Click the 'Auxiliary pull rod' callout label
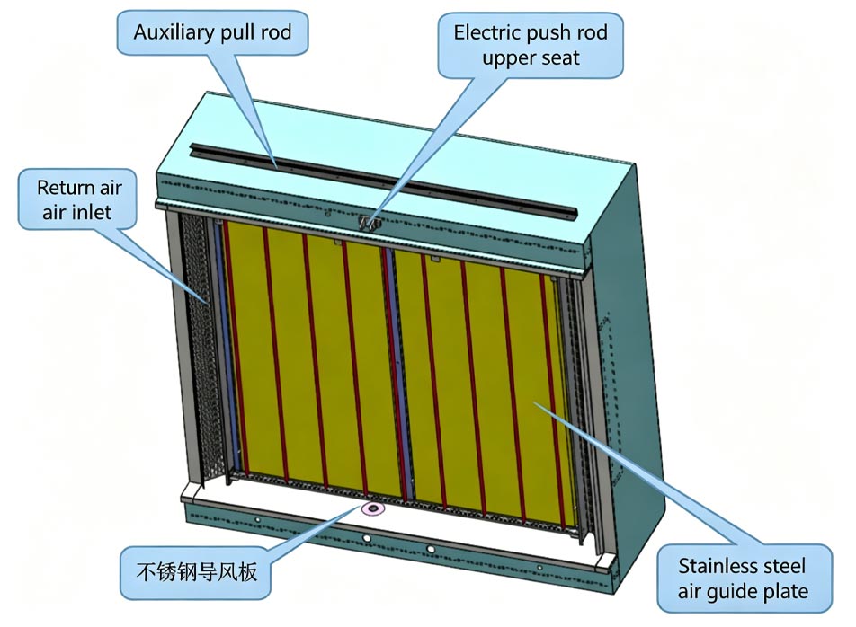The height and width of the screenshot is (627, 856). [212, 34]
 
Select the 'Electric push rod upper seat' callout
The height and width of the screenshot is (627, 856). [531, 45]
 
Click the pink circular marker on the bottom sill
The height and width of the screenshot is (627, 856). [370, 509]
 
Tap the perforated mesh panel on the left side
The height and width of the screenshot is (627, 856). [200, 341]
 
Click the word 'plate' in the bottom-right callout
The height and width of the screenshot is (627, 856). [787, 592]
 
